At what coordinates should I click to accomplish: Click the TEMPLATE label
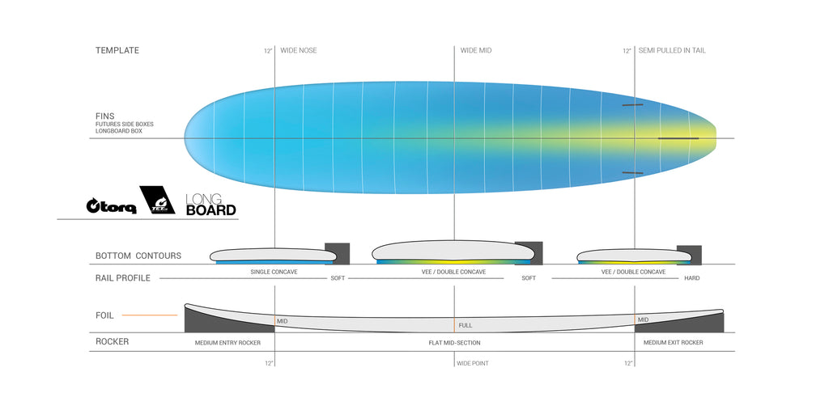click(117, 51)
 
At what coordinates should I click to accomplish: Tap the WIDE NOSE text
click(298, 51)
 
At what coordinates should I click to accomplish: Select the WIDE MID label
click(476, 51)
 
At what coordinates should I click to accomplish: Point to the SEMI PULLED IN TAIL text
click(672, 51)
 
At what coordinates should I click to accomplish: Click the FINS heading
click(104, 116)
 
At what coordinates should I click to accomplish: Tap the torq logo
click(111, 206)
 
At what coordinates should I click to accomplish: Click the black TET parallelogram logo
click(157, 200)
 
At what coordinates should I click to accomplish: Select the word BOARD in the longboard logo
click(211, 210)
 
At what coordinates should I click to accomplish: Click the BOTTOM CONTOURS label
click(138, 256)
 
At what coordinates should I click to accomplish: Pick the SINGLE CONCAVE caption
click(274, 272)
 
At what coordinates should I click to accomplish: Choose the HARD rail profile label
click(691, 278)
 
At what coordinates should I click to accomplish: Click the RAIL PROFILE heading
click(123, 278)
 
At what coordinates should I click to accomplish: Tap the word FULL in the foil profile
click(466, 325)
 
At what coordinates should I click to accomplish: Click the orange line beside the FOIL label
click(150, 315)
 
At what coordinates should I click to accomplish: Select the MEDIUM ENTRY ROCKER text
click(227, 343)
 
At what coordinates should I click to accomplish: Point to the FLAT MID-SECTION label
click(454, 343)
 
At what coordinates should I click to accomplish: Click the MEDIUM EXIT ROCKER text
click(673, 343)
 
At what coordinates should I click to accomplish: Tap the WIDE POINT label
click(473, 363)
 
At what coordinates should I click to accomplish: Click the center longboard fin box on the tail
click(678, 138)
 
